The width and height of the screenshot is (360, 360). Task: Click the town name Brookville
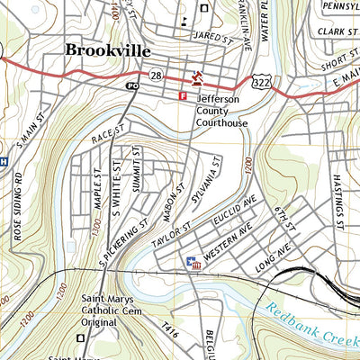107,50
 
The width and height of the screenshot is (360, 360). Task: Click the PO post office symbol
133,85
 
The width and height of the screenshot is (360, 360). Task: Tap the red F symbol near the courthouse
184,94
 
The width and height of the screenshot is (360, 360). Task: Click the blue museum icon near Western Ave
191,263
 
